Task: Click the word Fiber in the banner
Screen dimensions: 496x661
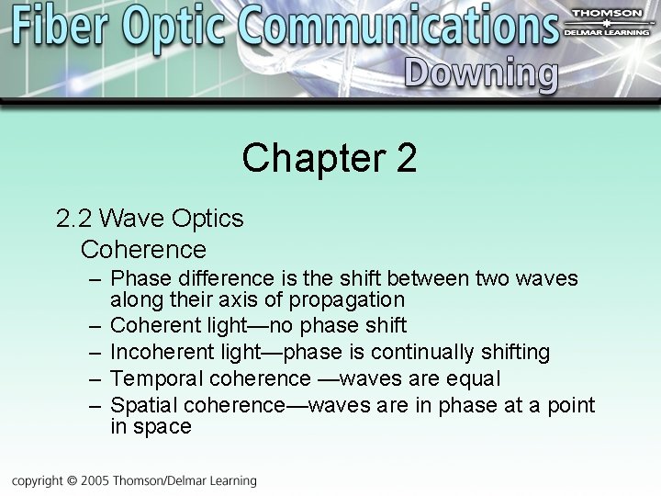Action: [x=62, y=28]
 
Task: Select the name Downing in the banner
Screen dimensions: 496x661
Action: [x=480, y=73]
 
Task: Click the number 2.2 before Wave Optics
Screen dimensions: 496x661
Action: [x=73, y=219]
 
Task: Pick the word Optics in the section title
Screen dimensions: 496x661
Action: [x=207, y=219]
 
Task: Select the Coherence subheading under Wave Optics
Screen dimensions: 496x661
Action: [x=143, y=249]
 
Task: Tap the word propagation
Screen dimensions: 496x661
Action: [x=347, y=300]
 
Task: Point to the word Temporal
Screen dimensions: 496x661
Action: [x=156, y=378]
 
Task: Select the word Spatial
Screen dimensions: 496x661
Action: [x=144, y=405]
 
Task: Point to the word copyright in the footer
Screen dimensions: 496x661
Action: [x=37, y=480]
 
